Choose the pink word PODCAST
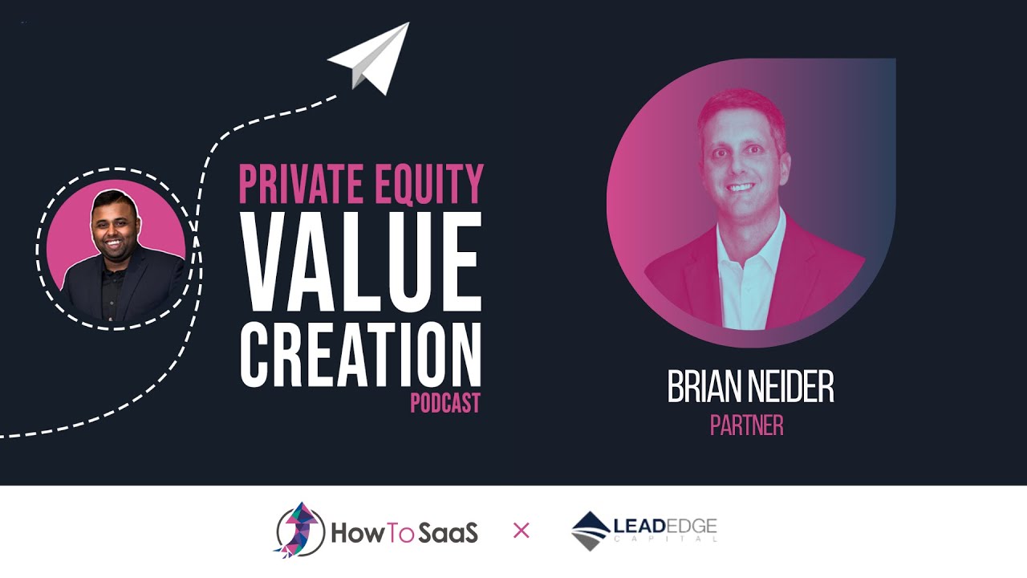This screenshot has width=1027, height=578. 445,402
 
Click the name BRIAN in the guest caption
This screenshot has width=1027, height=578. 704,388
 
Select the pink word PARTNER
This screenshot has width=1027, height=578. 746,425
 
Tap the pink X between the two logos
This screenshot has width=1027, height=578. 522,531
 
